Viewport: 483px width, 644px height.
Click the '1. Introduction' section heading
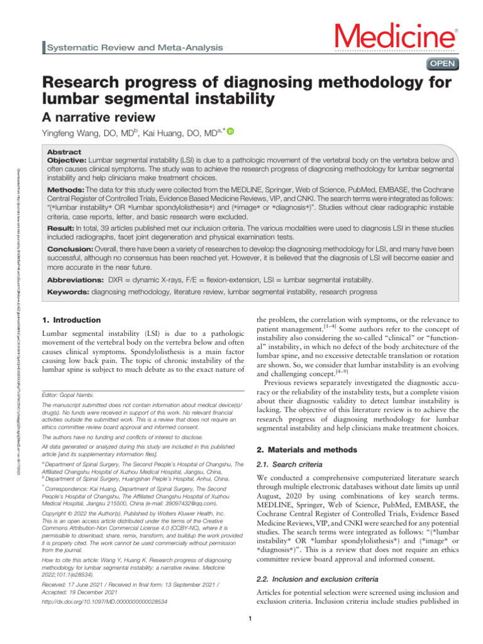70,320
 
